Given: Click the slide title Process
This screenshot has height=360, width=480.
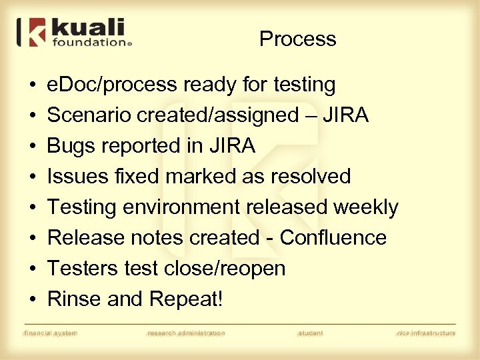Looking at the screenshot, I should (297, 39).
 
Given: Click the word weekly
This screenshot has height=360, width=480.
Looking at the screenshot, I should (365, 207).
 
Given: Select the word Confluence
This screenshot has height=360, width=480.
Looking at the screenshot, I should (333, 238).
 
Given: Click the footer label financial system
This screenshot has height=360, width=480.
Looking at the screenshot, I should (51, 333).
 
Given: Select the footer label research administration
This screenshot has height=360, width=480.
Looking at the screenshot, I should (186, 333).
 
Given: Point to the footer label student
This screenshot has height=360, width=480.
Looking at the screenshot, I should (311, 333).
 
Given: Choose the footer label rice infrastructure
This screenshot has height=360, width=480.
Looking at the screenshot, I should (425, 333).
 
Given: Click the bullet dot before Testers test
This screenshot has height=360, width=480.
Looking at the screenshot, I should (32, 269).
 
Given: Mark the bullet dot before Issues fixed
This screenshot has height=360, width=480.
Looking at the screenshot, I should (32, 177).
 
